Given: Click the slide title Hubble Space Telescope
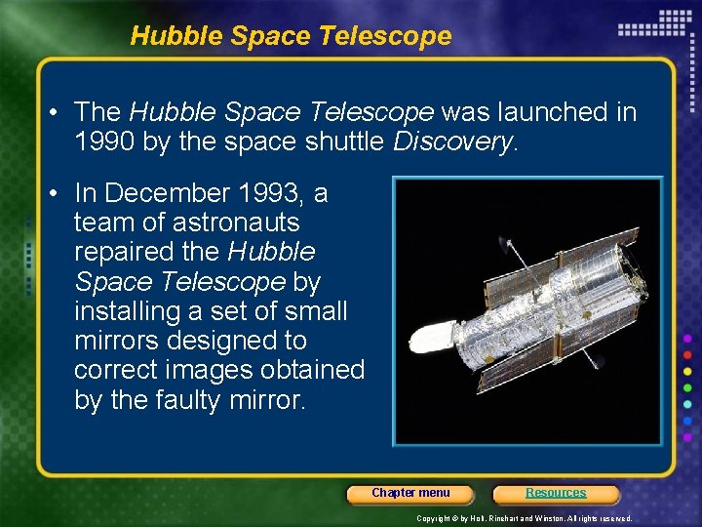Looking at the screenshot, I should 291,36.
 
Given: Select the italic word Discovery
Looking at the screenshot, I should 451,142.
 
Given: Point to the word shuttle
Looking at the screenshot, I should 347,142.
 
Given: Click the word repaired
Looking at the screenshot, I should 124,252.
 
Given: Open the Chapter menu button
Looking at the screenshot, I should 410,494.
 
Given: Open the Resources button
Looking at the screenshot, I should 556,494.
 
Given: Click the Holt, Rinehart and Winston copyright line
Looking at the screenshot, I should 525,518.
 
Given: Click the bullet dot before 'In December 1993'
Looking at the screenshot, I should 57,194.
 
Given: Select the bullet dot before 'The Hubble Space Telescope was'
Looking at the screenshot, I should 57,113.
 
